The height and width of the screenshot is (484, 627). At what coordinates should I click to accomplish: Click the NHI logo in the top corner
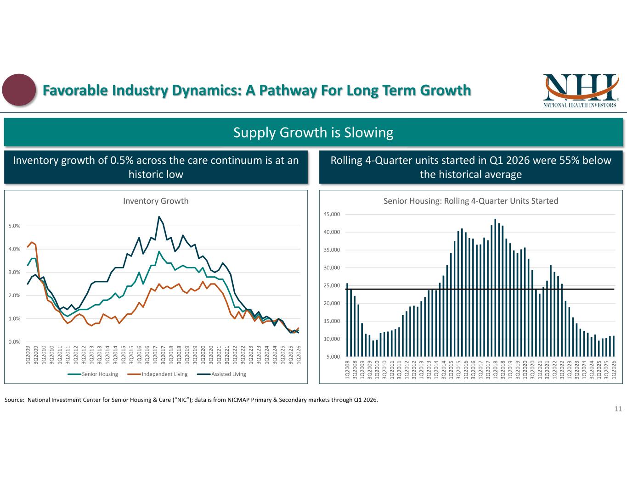581,91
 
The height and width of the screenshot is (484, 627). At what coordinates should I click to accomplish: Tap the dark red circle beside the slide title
19,89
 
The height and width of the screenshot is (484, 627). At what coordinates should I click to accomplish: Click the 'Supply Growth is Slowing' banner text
313,133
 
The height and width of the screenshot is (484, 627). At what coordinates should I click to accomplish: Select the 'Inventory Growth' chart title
156,201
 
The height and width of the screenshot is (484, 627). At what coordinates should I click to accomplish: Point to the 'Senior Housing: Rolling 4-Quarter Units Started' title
471,201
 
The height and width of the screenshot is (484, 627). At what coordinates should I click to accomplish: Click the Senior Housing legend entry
93,374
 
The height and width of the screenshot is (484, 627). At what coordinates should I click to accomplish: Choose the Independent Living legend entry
157,374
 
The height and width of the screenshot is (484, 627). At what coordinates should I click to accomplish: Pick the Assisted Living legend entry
221,374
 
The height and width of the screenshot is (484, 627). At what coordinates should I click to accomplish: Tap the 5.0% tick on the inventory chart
14,226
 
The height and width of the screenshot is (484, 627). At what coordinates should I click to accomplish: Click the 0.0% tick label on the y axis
14,342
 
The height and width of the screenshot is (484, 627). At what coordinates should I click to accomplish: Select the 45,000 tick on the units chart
332,214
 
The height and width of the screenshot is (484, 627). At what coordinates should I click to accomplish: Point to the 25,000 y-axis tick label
332,285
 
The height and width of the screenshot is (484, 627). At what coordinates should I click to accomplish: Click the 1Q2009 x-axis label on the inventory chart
28,355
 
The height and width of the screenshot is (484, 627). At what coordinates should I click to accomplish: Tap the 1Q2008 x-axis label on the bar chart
347,370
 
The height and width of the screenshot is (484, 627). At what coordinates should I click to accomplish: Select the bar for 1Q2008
347,320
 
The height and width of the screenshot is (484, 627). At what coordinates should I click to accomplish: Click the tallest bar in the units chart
495,288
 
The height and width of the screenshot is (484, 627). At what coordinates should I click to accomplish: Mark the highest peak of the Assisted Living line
159,217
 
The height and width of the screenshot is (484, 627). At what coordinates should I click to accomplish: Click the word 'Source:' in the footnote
14,400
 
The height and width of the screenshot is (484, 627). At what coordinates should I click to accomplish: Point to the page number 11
618,409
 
